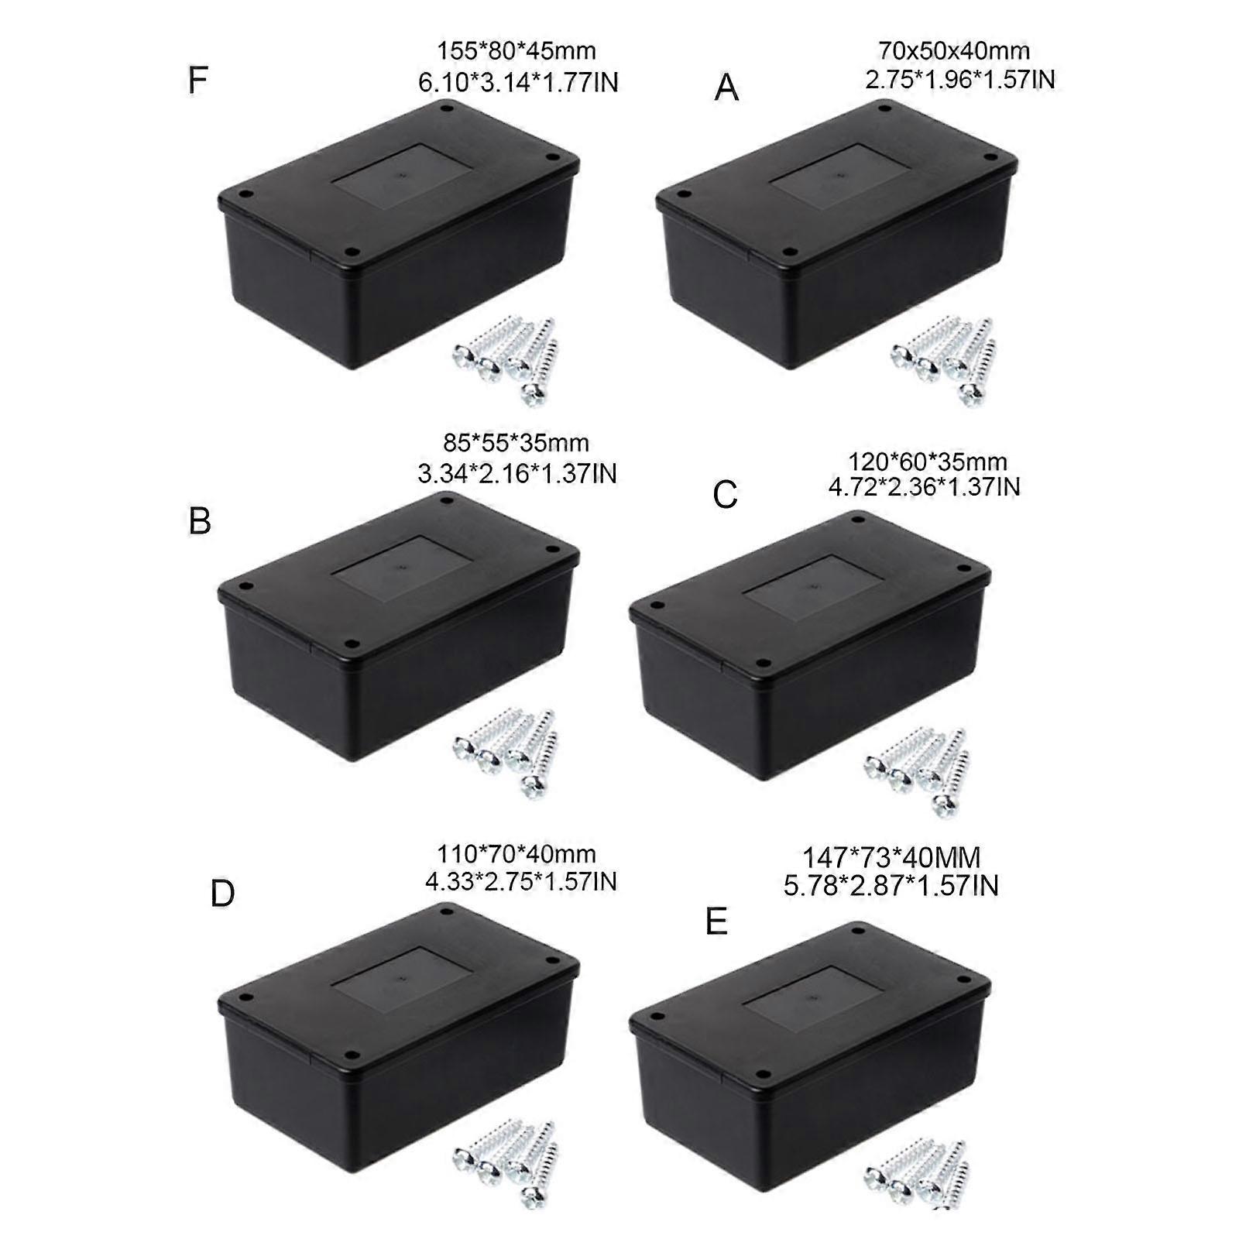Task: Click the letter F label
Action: click(x=198, y=80)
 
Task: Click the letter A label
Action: click(x=726, y=88)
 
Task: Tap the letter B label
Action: click(x=200, y=520)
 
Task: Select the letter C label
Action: click(x=726, y=496)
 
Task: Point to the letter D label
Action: click(x=222, y=894)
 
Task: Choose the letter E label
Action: click(x=717, y=922)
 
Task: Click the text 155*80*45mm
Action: click(x=517, y=51)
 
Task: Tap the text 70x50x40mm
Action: click(x=954, y=51)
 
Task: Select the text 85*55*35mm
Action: click(x=517, y=443)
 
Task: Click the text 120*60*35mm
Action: click(x=928, y=462)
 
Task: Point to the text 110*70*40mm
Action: click(x=517, y=854)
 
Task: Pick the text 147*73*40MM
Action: click(x=891, y=858)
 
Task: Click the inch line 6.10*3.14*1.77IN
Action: click(x=519, y=82)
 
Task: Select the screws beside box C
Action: click(x=917, y=771)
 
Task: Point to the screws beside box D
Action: click(x=506, y=1165)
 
